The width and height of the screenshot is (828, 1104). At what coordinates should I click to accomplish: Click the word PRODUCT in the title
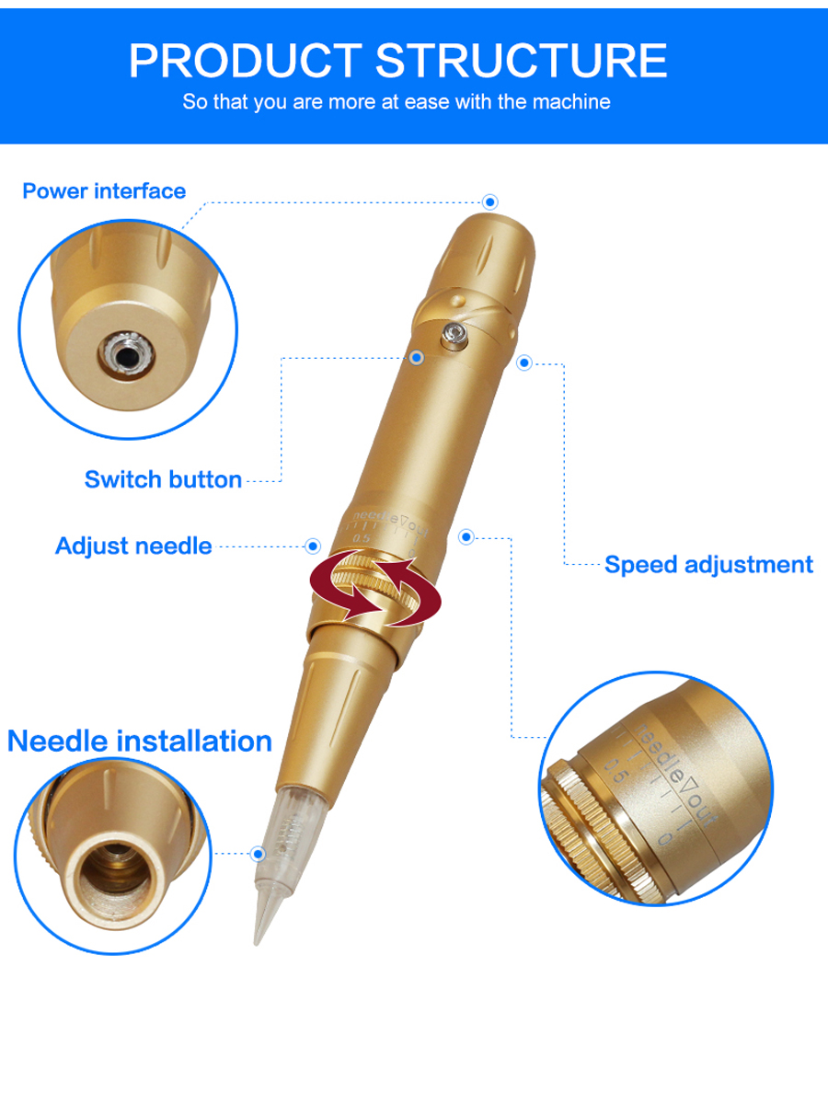[x=246, y=61]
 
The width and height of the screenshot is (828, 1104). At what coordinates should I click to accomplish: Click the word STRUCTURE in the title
[x=522, y=61]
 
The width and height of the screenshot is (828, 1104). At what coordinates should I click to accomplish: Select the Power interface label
[x=104, y=191]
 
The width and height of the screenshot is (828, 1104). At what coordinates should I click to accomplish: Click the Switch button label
[x=164, y=479]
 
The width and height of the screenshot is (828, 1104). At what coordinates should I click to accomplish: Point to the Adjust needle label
[x=133, y=546]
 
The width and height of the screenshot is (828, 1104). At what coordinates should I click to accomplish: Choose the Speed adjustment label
[x=708, y=564]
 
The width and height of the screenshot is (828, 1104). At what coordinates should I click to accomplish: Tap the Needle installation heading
[x=140, y=741]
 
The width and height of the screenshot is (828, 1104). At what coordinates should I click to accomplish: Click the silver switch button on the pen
[x=454, y=335]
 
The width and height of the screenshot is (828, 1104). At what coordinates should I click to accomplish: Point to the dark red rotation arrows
[x=375, y=589]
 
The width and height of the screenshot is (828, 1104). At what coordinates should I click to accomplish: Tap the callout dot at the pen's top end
[x=490, y=202]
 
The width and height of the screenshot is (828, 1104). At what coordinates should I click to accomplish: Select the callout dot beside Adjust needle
[x=313, y=546]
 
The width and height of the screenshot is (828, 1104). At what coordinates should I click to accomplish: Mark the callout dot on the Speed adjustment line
[x=524, y=362]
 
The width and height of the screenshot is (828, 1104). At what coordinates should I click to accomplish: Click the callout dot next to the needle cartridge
[x=259, y=854]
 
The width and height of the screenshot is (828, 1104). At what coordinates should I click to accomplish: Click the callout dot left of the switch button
[x=416, y=358]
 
